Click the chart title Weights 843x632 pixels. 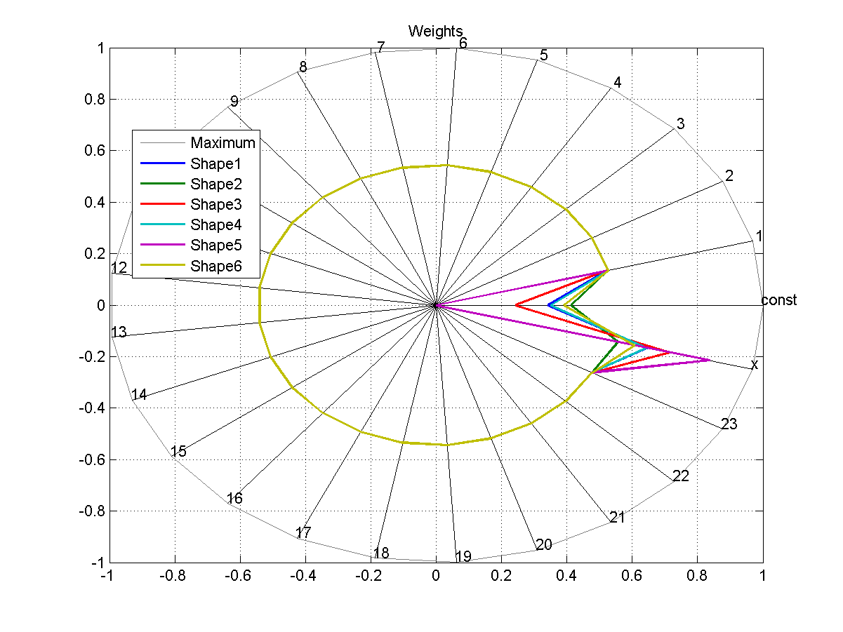click(435, 31)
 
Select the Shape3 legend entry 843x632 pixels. click(215, 204)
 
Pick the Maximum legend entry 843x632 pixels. click(223, 142)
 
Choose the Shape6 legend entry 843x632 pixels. click(215, 266)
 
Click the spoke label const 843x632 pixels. click(779, 300)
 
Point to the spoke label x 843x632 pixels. click(755, 365)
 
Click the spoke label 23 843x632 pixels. click(729, 424)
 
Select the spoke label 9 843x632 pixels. click(234, 101)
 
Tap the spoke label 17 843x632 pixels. click(303, 533)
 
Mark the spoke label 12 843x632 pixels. click(119, 268)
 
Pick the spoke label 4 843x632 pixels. click(617, 83)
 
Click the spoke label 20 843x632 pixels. click(543, 545)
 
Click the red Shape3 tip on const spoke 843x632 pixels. click(516, 305)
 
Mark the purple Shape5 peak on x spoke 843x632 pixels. click(710, 360)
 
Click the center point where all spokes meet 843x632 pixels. click(436, 305)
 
